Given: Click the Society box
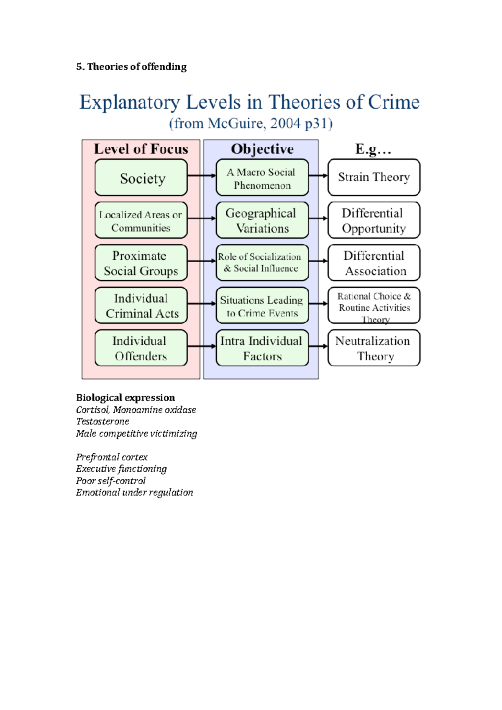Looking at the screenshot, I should pyautogui.click(x=141, y=178).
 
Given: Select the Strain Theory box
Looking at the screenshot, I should pyautogui.click(x=374, y=177).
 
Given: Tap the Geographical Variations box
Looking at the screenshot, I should pyautogui.click(x=262, y=220).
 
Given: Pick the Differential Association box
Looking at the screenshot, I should pyautogui.click(x=374, y=263).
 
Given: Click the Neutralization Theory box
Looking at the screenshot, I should pyautogui.click(x=374, y=348).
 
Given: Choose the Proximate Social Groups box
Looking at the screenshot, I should pyautogui.click(x=141, y=263).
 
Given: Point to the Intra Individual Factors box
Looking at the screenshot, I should pyautogui.click(x=262, y=348).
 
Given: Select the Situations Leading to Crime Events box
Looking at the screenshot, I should pyautogui.click(x=262, y=306).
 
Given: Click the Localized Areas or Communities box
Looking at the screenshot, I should pyautogui.click(x=141, y=220).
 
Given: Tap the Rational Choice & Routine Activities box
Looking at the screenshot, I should pyautogui.click(x=374, y=306).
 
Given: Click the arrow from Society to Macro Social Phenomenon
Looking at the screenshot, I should pyautogui.click(x=202, y=176).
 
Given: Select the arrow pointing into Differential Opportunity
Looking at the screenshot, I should pyautogui.click(x=318, y=218).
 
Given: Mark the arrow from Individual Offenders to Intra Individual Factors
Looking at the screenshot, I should pyautogui.click(x=202, y=346).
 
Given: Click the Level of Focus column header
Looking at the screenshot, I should pyautogui.click(x=141, y=149).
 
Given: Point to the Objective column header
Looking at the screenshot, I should pyautogui.click(x=262, y=149).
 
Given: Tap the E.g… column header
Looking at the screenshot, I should pyautogui.click(x=373, y=149).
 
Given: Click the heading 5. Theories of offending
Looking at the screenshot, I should pyautogui.click(x=131, y=67).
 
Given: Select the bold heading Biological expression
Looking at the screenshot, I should pyautogui.click(x=125, y=398).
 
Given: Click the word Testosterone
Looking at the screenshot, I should pyautogui.click(x=102, y=421).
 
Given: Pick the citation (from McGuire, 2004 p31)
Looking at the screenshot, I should pyautogui.click(x=251, y=124).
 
